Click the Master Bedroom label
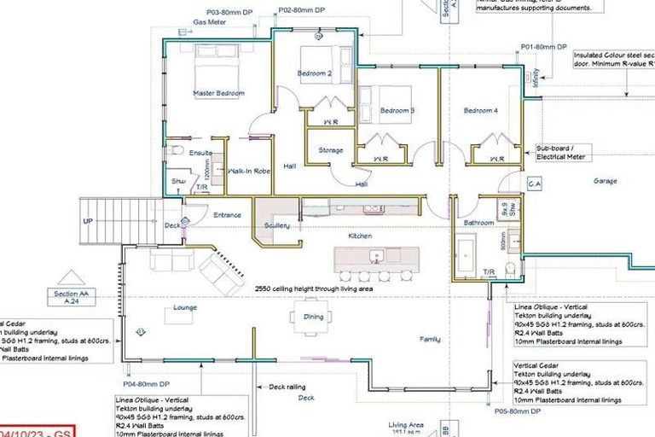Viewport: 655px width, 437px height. pos(218,93)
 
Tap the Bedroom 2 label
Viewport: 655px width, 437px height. pos(314,73)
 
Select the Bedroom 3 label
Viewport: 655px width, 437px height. pos(397,111)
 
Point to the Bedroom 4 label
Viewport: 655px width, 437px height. pos(480,111)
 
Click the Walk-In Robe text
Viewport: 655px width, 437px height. pos(249,171)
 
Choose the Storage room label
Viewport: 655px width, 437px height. pos(331,150)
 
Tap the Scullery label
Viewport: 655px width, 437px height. pos(277,225)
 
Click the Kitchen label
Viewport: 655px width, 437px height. pos(360,236)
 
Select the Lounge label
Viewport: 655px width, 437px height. pos(185,307)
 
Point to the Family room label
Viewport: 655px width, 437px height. pos(430,339)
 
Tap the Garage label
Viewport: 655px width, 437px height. pos(606,181)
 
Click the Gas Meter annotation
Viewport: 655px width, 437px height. pos(208,22)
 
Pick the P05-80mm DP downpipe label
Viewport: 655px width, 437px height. pos(518,411)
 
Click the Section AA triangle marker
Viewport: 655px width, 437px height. pos(71,279)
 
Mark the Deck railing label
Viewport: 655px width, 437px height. pos(287,386)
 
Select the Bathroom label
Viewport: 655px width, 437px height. pos(478,223)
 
